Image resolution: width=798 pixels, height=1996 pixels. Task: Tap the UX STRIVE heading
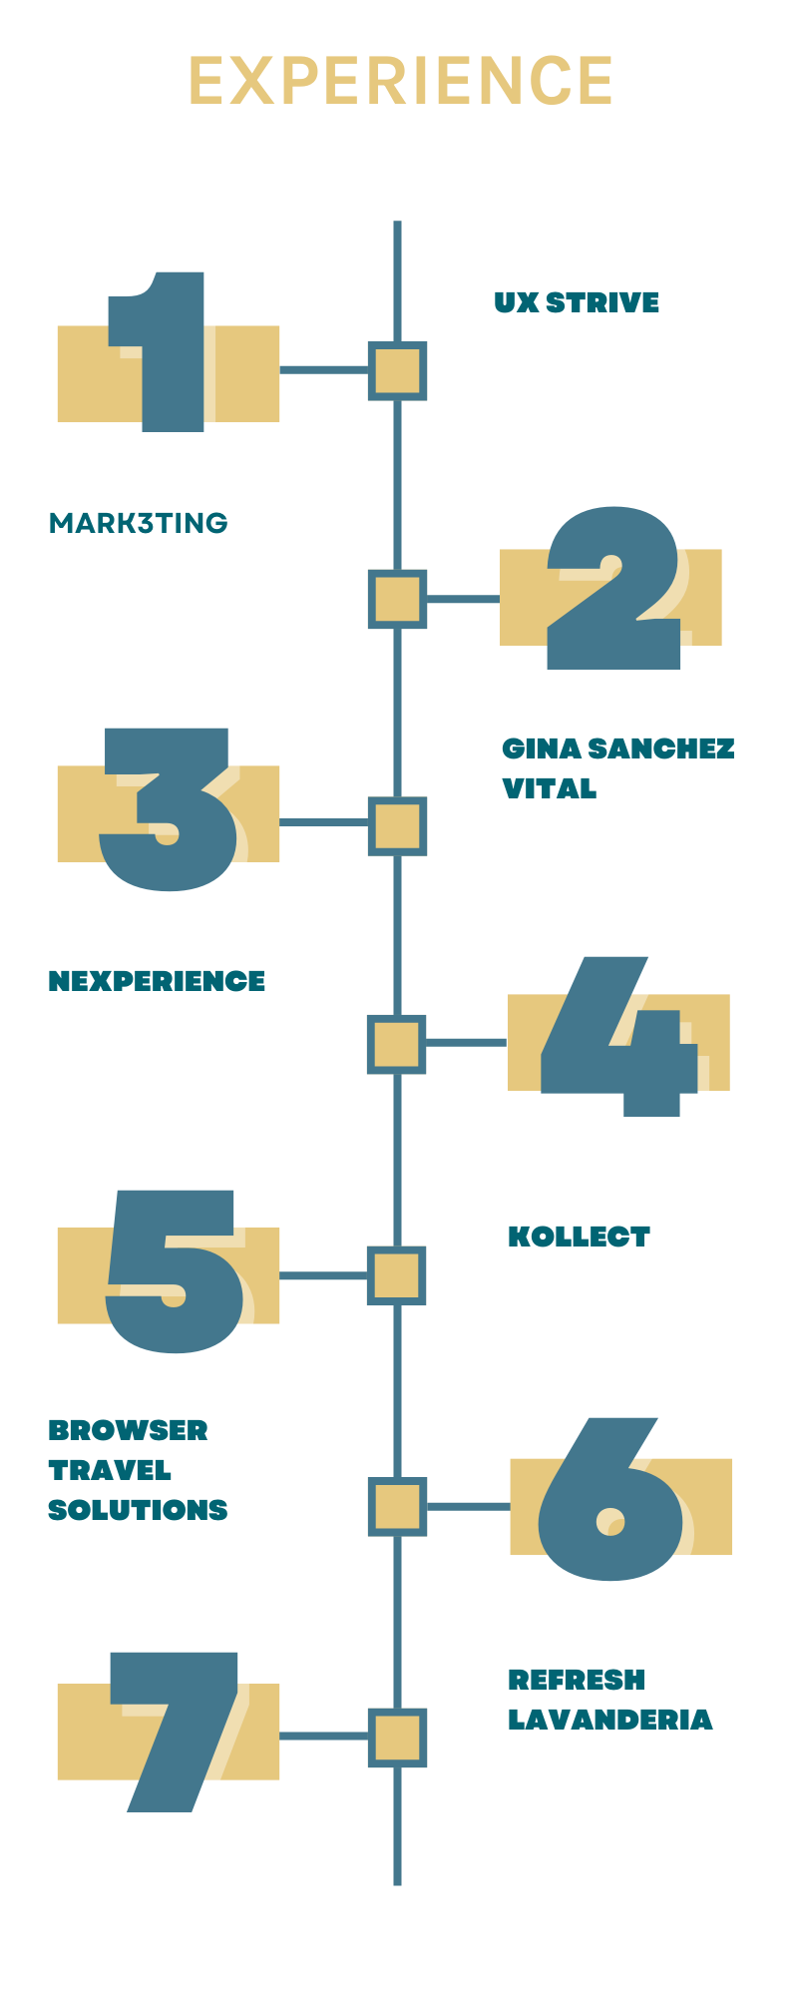[x=577, y=302]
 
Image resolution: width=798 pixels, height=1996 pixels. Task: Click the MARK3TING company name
[x=138, y=523]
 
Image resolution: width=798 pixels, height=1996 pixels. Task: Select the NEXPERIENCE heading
[x=157, y=981]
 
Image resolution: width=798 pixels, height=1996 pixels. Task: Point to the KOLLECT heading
[x=579, y=1237]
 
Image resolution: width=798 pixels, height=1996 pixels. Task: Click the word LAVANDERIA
[x=610, y=1719]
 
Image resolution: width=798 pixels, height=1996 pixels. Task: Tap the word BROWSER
[x=128, y=1430]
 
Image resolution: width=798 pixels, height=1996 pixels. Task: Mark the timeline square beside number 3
[x=397, y=825]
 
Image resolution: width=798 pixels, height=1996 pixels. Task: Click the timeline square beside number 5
[x=397, y=1275]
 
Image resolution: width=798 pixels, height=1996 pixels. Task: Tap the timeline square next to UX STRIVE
[x=397, y=370]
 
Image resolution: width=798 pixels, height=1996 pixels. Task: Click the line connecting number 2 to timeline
[x=463, y=599]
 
